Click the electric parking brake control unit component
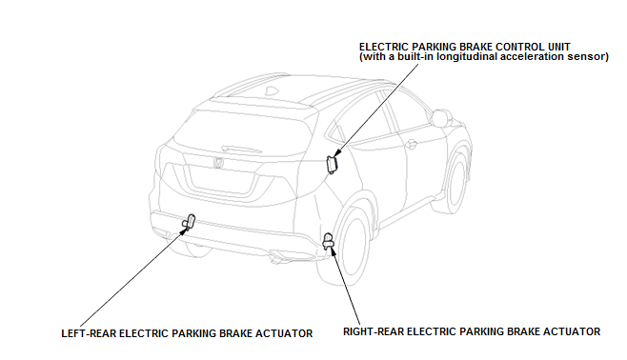(333, 164)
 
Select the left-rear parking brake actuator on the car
(189, 223)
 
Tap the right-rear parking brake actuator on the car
(329, 241)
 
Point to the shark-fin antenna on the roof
(273, 90)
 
